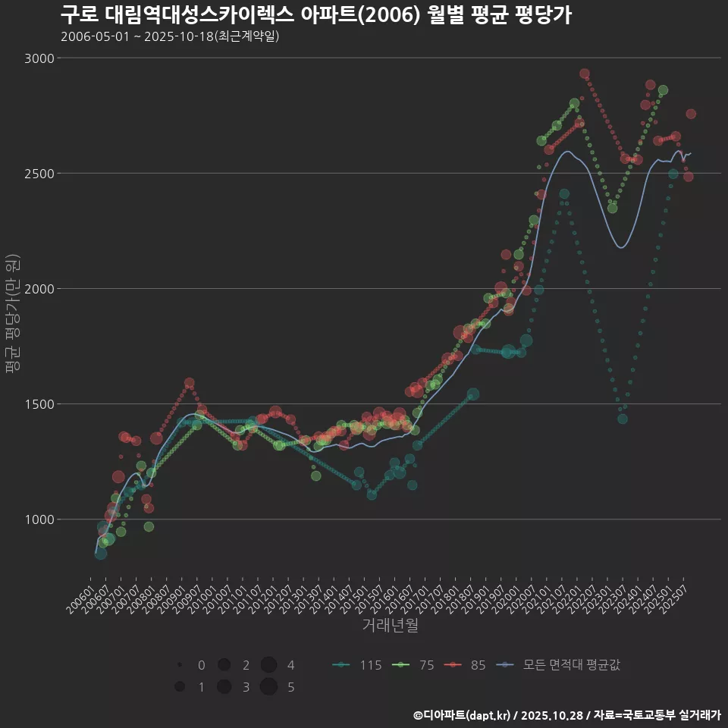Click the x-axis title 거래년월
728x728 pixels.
tap(391, 626)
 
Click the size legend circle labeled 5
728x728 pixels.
tap(268, 687)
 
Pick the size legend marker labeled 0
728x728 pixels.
tap(180, 665)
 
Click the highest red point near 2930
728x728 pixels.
tap(585, 74)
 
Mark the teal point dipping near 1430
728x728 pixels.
tap(622, 419)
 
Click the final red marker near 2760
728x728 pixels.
tap(691, 114)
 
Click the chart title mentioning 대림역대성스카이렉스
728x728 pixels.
tap(315, 14)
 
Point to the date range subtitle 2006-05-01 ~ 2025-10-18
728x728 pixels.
tap(171, 36)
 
